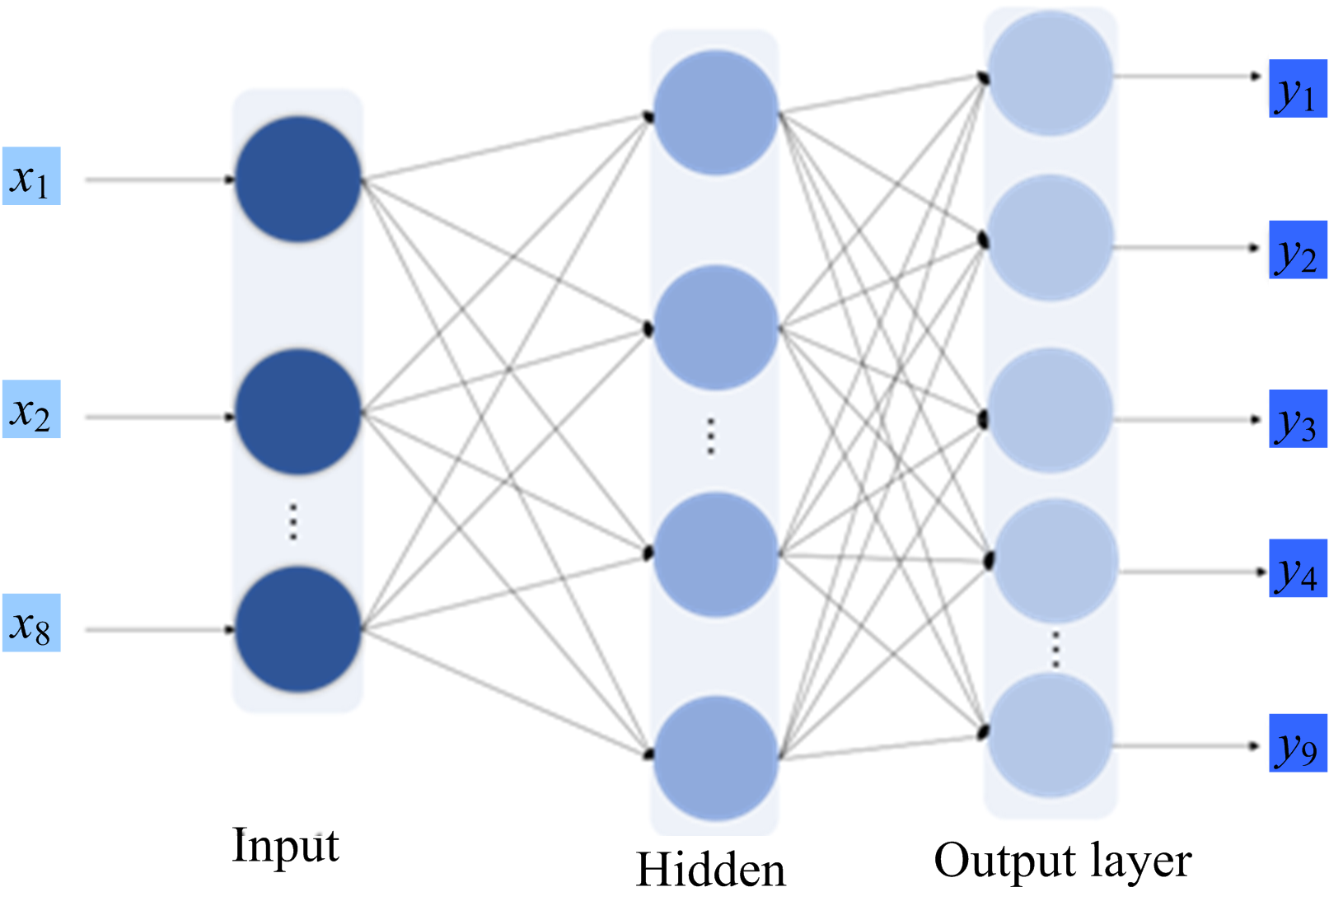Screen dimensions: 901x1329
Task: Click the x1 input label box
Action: click(x=31, y=176)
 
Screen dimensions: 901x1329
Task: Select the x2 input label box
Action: click(x=31, y=409)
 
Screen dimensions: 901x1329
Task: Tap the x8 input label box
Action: click(x=31, y=623)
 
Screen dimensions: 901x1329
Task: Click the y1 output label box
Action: click(x=1298, y=89)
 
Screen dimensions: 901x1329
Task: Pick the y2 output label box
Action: click(x=1298, y=250)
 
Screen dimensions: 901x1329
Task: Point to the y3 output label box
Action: click(x=1298, y=419)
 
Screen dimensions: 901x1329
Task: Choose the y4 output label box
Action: click(x=1298, y=568)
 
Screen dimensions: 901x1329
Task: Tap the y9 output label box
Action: click(x=1298, y=743)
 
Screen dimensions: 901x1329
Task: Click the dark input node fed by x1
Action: click(x=298, y=179)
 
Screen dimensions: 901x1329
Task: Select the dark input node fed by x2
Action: click(x=298, y=412)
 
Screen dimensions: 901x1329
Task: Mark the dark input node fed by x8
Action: click(x=298, y=629)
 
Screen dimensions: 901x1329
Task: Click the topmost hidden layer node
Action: click(x=715, y=113)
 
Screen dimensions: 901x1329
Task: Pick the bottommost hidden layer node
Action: click(x=715, y=758)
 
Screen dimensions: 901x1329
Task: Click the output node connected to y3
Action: click(x=1050, y=410)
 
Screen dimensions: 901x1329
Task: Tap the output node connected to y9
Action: click(x=1050, y=735)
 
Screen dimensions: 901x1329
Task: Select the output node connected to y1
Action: click(x=1050, y=74)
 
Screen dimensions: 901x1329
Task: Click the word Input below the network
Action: click(x=285, y=846)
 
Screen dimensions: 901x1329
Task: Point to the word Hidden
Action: click(x=710, y=871)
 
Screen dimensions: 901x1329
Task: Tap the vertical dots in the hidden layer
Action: click(x=711, y=436)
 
